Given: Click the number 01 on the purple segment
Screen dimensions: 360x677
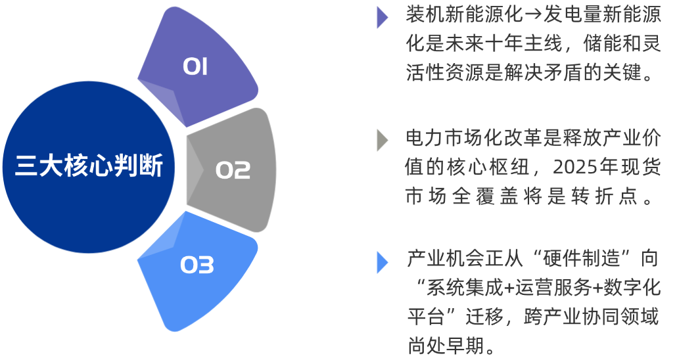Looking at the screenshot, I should [x=195, y=67].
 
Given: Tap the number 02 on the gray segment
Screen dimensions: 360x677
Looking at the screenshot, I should [x=233, y=170].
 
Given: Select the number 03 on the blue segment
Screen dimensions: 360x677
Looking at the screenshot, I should [x=197, y=266].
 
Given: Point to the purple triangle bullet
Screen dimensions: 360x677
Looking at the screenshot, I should [x=382, y=17].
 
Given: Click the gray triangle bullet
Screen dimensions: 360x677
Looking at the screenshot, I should [x=382, y=140].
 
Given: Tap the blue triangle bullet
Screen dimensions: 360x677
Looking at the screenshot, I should [x=382, y=261].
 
